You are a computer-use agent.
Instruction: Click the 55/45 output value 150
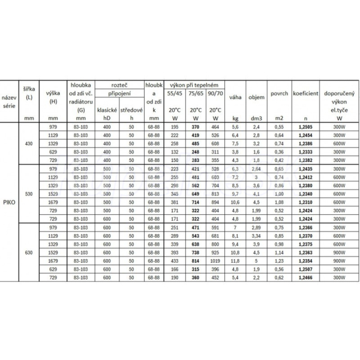tap(175, 161)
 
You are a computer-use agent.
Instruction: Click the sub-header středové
tap(131, 110)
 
